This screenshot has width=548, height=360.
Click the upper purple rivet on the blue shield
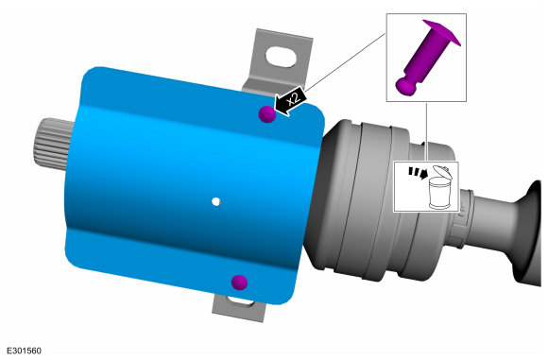click(267, 114)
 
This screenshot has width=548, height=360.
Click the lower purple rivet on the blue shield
click(239, 283)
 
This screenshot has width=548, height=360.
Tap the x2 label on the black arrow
click(294, 99)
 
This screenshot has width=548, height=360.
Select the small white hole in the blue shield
click(216, 201)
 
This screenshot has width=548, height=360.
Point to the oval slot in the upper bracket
click(281, 57)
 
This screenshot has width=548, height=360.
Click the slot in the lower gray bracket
click(240, 301)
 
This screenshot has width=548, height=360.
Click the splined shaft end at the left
click(52, 144)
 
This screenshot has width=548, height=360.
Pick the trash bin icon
click(439, 188)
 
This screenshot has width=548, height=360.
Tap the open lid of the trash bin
click(442, 171)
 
